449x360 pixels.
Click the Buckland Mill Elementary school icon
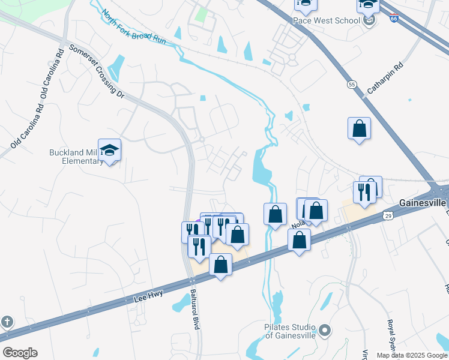(110, 150)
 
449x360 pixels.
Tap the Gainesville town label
(424, 203)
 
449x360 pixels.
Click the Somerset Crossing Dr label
(95, 71)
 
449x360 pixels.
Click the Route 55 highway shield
(351, 84)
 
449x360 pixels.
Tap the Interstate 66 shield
(393, 20)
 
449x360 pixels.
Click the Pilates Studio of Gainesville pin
(325, 330)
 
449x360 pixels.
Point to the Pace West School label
(326, 20)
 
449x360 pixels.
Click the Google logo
(20, 353)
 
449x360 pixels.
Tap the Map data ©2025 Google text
(411, 355)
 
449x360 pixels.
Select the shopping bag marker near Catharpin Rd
(359, 128)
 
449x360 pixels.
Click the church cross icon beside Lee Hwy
(7, 322)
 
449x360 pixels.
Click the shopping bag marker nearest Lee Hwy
(221, 265)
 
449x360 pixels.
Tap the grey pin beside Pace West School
(370, 21)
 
